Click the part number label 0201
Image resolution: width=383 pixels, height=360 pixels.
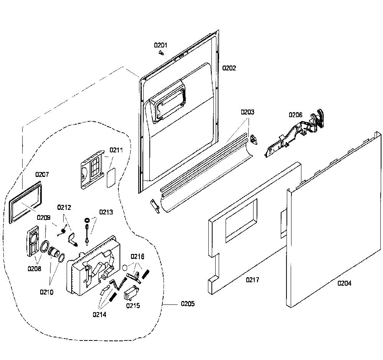(160, 45)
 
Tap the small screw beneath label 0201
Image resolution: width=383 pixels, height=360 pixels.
(161, 52)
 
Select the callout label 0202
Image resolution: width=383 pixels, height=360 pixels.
(229, 68)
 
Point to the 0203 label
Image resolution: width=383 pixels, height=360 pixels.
(247, 112)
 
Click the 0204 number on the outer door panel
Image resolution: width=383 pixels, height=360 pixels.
(344, 283)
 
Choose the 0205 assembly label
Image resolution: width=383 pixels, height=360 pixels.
(188, 304)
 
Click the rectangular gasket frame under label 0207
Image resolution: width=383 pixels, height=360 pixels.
(25, 203)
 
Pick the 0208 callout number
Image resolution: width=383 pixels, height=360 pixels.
(34, 268)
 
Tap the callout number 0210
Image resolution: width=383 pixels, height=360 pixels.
(46, 292)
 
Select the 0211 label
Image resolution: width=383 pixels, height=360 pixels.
(116, 150)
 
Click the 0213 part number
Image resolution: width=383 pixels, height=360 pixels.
(106, 212)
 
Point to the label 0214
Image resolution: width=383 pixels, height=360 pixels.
(100, 314)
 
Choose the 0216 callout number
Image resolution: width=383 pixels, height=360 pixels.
(137, 257)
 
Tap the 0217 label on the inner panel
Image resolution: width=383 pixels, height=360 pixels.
(252, 280)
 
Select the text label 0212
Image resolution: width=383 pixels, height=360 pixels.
(64, 207)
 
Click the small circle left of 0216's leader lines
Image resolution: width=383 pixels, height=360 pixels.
(125, 267)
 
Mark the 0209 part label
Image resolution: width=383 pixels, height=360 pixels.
(44, 218)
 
